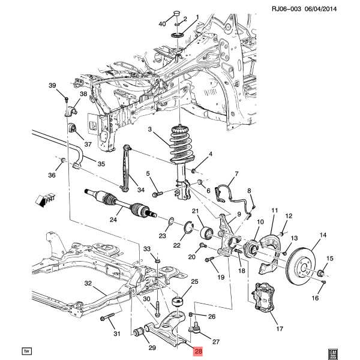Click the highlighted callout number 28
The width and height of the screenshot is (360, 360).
[198, 351]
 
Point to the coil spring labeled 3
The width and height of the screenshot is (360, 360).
[182, 144]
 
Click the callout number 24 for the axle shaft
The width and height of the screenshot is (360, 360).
[113, 220]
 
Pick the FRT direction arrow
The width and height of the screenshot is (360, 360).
[46, 200]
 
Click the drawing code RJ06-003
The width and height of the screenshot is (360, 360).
[286, 9]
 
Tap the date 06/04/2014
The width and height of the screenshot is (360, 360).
[321, 9]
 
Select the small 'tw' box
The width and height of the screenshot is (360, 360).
[26, 351]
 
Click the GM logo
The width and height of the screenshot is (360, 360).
[332, 353]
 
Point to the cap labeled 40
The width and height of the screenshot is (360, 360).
[176, 14]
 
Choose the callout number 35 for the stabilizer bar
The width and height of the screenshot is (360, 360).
[101, 164]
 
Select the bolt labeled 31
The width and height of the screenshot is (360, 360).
[107, 317]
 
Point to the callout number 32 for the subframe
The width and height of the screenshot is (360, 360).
[88, 283]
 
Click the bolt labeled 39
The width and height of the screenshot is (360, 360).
[67, 100]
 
